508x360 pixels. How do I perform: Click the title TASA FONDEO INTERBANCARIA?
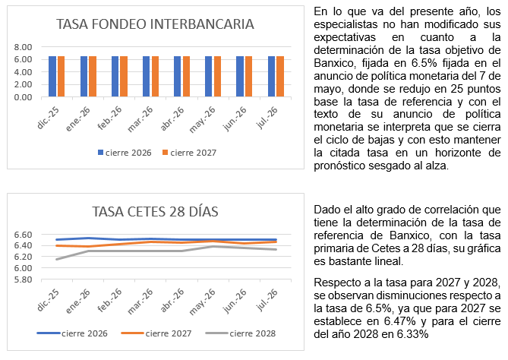[155, 24]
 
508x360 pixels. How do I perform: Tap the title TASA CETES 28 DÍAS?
[155, 212]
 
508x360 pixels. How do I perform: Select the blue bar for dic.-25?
[52, 77]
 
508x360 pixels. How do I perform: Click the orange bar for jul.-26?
[280, 77]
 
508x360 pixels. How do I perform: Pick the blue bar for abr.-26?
[177, 77]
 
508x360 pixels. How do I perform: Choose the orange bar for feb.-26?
[124, 77]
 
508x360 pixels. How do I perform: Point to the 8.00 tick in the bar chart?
[23, 47]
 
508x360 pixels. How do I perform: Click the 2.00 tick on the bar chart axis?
[23, 84]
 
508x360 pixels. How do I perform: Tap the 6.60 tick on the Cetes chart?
[23, 235]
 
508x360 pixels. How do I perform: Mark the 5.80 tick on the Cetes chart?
[23, 279]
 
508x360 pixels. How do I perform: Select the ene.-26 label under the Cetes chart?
[78, 301]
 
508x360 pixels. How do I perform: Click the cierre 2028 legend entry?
[241, 333]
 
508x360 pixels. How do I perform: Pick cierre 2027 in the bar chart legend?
[190, 153]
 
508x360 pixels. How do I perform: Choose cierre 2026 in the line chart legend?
[72, 333]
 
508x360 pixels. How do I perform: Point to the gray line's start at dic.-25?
[57, 259]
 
